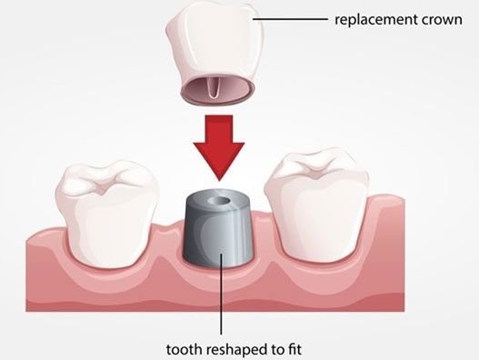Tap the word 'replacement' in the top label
click(368, 18)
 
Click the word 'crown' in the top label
click(434, 18)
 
